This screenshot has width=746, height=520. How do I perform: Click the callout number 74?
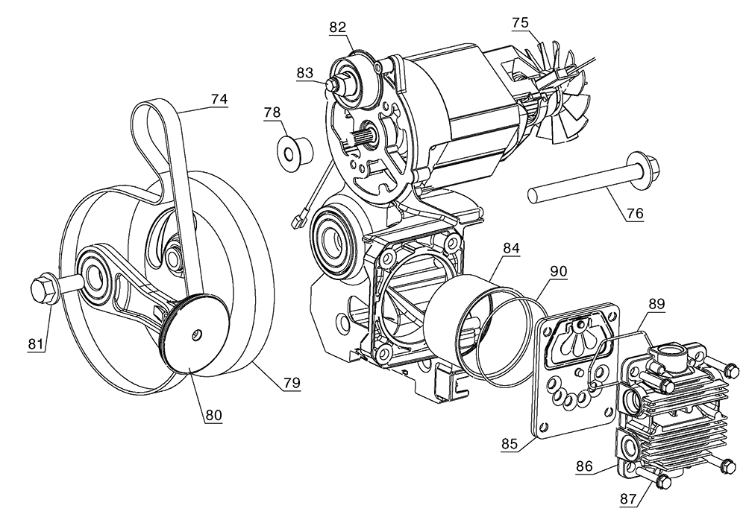[219, 98]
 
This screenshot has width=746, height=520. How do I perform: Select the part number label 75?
[522, 22]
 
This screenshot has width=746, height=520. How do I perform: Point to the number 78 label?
[272, 112]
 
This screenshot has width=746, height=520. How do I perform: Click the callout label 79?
[291, 382]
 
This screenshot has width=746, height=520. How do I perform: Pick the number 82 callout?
[338, 27]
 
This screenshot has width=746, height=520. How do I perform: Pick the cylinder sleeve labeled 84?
[460, 313]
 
